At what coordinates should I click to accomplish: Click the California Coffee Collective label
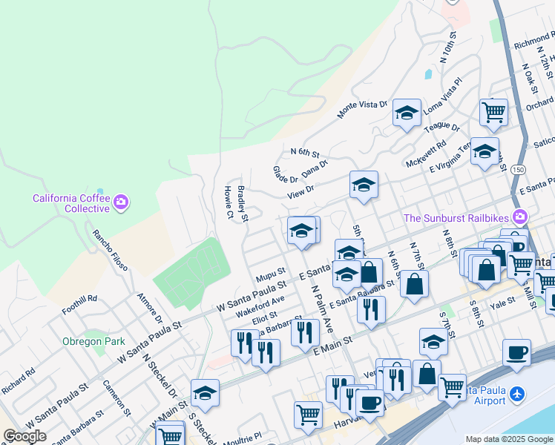(x=71, y=203)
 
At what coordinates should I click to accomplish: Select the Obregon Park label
(x=93, y=341)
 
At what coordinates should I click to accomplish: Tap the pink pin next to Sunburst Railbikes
(x=519, y=217)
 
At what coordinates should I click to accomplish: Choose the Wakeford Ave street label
(x=260, y=305)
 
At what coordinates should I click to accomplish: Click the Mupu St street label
(x=271, y=277)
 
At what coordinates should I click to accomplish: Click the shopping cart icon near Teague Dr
(x=493, y=112)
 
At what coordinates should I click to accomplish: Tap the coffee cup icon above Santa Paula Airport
(x=516, y=352)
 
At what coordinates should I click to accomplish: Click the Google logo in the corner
(x=24, y=436)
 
